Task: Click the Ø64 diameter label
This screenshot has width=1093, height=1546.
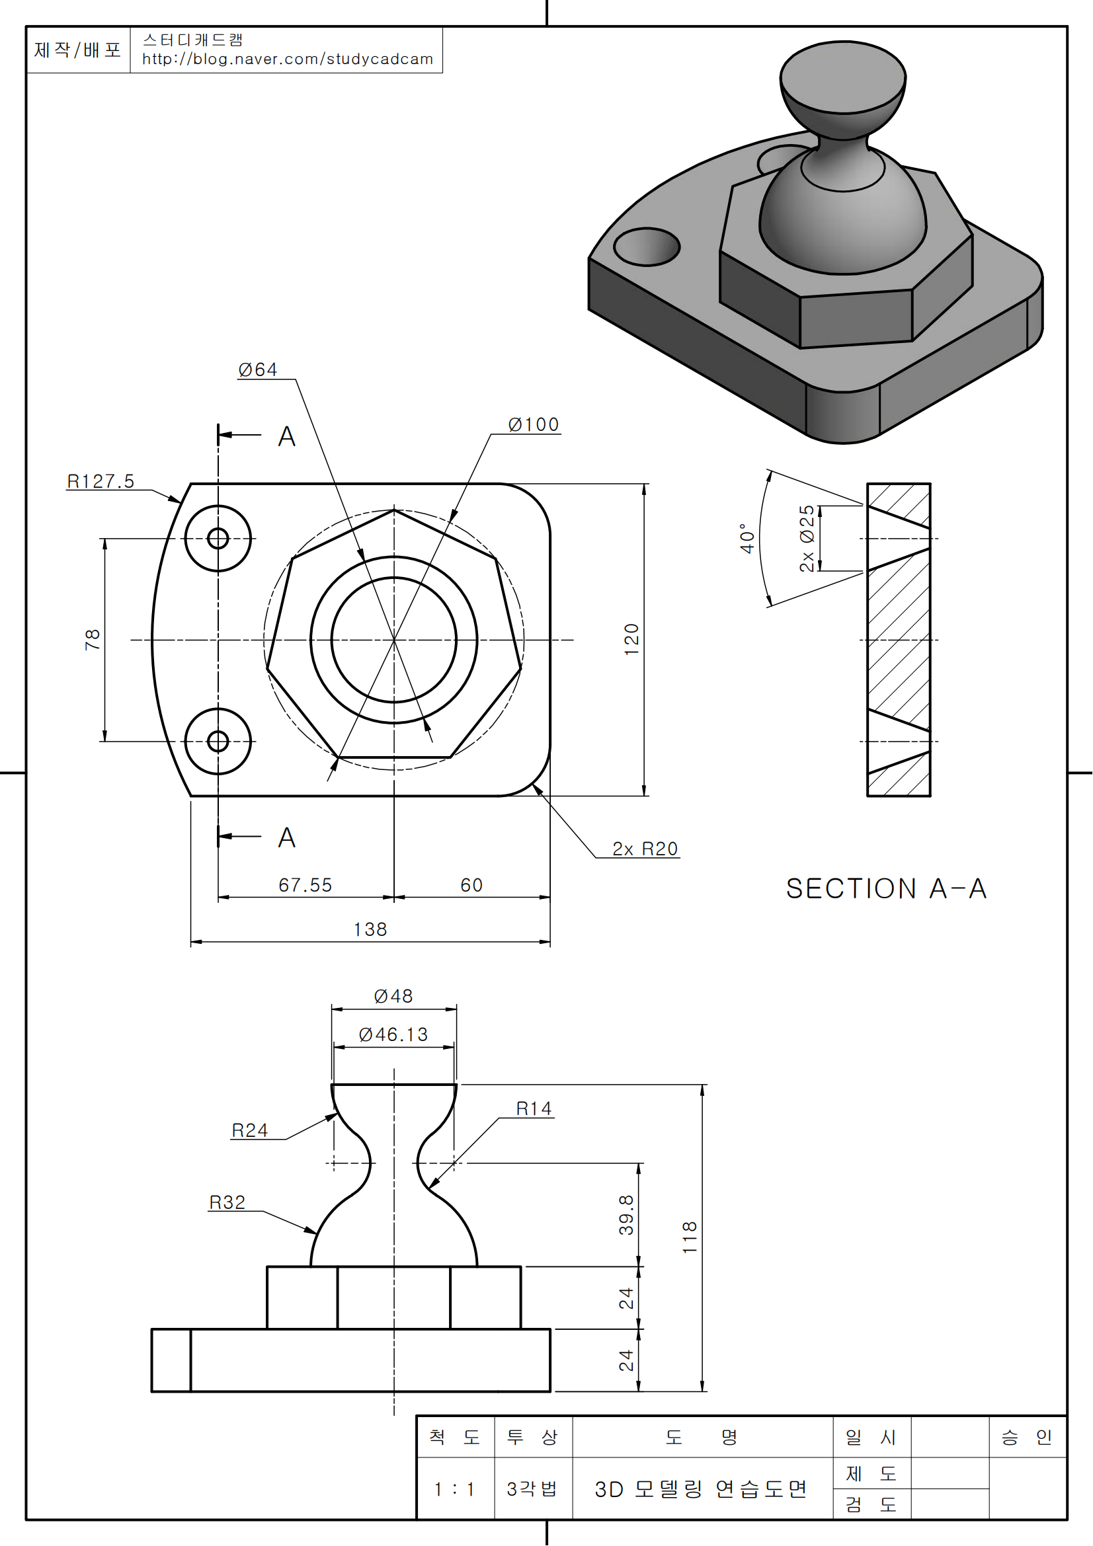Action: click(258, 369)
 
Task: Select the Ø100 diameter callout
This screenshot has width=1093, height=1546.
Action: click(534, 424)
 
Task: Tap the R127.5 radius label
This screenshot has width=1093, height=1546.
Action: click(101, 481)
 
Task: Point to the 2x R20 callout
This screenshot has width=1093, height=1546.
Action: click(645, 849)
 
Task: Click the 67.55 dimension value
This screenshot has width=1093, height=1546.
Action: click(305, 885)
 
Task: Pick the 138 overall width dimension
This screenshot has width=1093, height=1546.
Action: click(370, 929)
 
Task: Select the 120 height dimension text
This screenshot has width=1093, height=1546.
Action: click(631, 639)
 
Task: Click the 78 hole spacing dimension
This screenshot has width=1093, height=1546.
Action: click(93, 639)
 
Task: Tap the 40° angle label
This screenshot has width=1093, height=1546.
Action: click(747, 538)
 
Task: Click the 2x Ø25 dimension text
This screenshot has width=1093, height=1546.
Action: click(807, 538)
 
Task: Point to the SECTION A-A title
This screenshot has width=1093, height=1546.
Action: click(886, 889)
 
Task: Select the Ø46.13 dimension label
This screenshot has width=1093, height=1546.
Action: click(393, 1034)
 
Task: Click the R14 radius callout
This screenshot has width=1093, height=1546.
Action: click(534, 1108)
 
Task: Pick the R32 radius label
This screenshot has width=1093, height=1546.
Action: click(227, 1202)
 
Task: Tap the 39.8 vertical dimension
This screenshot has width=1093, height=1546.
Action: click(626, 1215)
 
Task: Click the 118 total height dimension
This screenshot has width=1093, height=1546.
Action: click(690, 1237)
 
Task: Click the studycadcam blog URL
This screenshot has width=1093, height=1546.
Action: click(288, 59)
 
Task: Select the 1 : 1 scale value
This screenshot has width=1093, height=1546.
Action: click(454, 1488)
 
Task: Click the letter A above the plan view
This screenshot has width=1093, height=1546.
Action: click(287, 436)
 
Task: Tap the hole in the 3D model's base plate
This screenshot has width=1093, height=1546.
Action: click(647, 247)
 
